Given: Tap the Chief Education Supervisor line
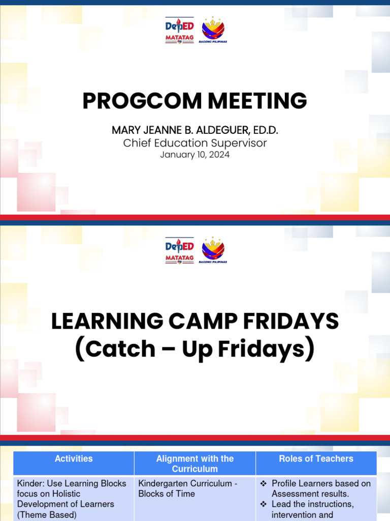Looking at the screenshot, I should (x=194, y=143).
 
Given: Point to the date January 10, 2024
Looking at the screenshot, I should (x=194, y=155).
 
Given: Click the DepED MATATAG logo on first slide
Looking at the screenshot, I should (x=179, y=31).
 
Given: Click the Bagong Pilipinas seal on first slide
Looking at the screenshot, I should (x=213, y=30).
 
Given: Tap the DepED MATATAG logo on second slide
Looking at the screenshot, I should (x=179, y=251).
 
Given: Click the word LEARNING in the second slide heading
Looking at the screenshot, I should (x=108, y=322).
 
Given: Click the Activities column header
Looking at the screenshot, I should (x=74, y=459).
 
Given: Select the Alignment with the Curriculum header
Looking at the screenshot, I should (x=194, y=464).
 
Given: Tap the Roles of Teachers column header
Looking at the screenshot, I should (x=316, y=459).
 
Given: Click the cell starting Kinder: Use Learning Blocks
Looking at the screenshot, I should (x=72, y=499).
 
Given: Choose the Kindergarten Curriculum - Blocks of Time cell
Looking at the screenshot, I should (x=188, y=488).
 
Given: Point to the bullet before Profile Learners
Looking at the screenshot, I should (x=264, y=483).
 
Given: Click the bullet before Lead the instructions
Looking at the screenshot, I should (x=264, y=504).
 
